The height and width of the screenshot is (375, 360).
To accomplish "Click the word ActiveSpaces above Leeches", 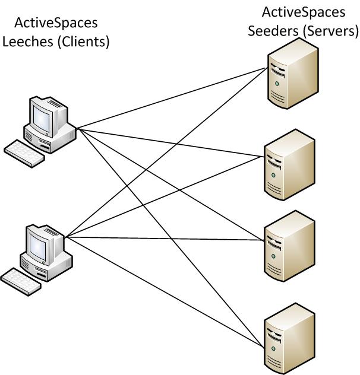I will coord(56,23).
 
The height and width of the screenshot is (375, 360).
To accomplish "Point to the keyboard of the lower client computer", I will coord(21,281).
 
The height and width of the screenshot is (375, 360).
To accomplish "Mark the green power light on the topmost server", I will coord(276,84).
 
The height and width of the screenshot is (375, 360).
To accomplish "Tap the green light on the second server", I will coord(273,176).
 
